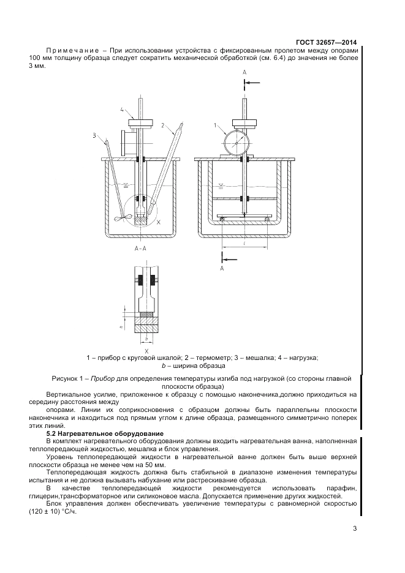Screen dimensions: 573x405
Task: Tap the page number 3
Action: pos(355,530)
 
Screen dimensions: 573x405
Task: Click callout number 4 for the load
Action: pos(122,110)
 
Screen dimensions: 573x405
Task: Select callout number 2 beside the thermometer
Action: pos(164,125)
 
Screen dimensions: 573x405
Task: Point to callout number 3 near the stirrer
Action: pos(95,135)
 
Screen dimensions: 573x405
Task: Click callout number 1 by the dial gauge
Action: pos(216,125)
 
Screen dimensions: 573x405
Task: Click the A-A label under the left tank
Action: pos(140,249)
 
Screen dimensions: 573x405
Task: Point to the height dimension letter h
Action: pos(121,326)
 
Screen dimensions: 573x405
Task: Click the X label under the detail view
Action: pos(146,351)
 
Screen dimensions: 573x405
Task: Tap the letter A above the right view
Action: pos(244,72)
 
